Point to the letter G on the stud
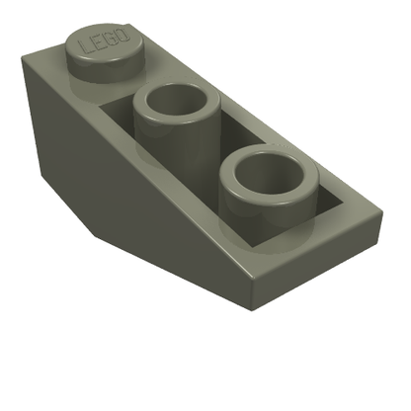pos(109,38)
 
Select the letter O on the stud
pos(122,35)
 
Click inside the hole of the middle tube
pos(177,103)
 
